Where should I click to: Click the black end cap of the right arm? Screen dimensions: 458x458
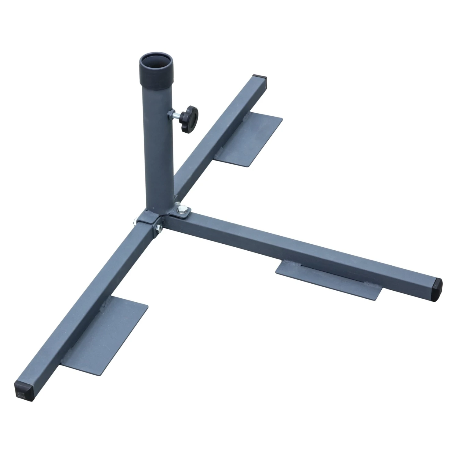click(x=437, y=289)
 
